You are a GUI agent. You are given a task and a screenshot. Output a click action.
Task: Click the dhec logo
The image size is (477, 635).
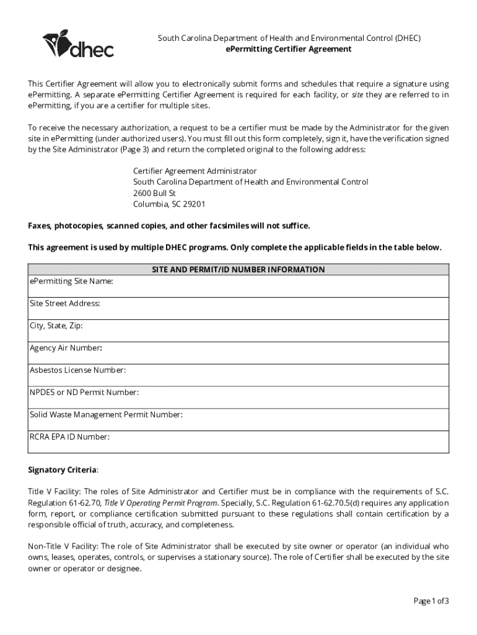[78, 44]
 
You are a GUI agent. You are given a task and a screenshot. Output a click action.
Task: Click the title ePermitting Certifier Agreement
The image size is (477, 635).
[288, 49]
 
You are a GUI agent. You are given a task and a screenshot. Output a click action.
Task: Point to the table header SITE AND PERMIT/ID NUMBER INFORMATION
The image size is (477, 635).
[239, 270]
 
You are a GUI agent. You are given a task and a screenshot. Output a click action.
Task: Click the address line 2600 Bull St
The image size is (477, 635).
[154, 193]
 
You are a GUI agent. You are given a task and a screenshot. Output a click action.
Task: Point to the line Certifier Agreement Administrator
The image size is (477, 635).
[195, 171]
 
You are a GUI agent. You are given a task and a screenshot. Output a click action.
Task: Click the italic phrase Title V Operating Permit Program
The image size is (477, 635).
[160, 502]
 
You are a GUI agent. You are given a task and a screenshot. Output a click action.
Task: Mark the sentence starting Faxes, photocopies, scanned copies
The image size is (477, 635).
[168, 225]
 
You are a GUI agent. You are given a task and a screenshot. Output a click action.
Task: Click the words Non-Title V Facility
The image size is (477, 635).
[62, 546]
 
